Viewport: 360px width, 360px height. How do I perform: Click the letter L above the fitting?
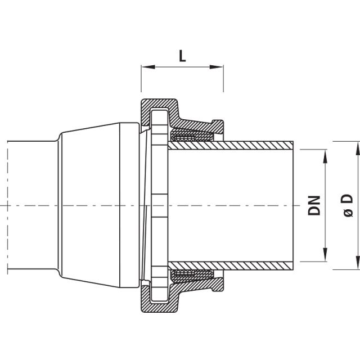182,56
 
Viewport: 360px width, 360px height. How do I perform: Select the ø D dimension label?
347,205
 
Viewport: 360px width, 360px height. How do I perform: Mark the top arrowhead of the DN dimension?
325,154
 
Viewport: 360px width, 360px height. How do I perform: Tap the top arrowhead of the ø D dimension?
356,145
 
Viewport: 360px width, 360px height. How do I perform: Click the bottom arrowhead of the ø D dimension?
356,265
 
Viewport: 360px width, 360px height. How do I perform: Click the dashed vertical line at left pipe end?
8,205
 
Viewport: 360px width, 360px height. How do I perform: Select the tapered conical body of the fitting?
90,205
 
